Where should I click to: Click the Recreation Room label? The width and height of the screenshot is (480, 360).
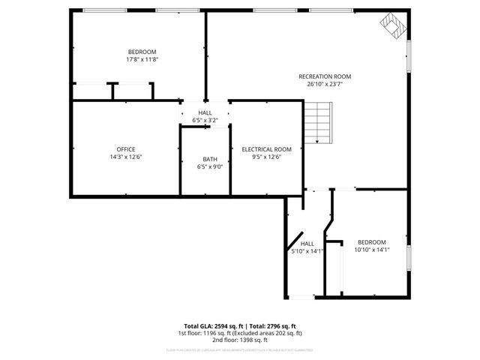tap(325, 76)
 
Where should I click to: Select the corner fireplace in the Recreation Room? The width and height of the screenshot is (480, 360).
tap(392, 26)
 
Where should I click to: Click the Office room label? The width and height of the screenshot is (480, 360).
tap(126, 149)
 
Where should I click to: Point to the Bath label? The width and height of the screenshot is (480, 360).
tap(210, 159)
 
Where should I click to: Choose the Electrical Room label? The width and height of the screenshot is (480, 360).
tap(266, 149)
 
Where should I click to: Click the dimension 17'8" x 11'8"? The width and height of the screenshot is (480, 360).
tap(142, 59)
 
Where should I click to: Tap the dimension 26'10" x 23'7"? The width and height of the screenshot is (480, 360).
tap(325, 84)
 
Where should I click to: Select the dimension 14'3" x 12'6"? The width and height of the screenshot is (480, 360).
tap(126, 157)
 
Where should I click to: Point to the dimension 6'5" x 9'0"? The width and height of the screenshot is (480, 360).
tap(210, 166)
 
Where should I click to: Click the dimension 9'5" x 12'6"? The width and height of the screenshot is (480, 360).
tap(266, 157)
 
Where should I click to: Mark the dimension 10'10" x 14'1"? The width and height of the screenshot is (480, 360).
tap(371, 250)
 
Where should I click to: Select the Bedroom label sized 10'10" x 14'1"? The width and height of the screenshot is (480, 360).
tap(371, 242)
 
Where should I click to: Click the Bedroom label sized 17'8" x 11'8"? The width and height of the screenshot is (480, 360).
tap(142, 52)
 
